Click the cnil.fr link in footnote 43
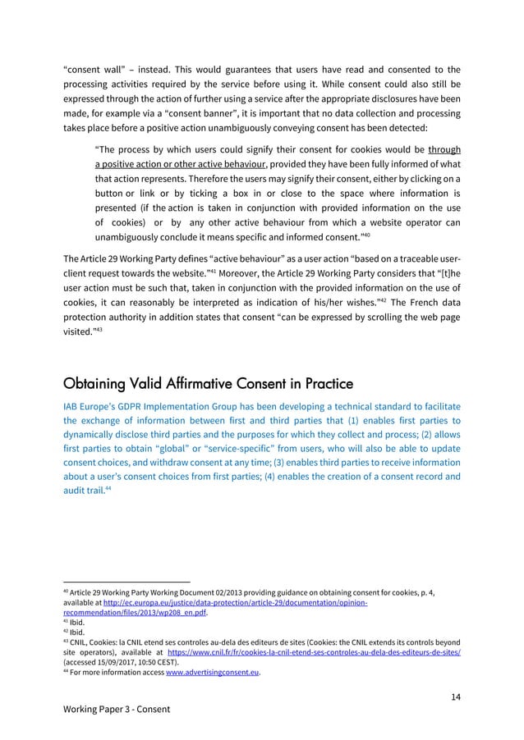tap(348, 652)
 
